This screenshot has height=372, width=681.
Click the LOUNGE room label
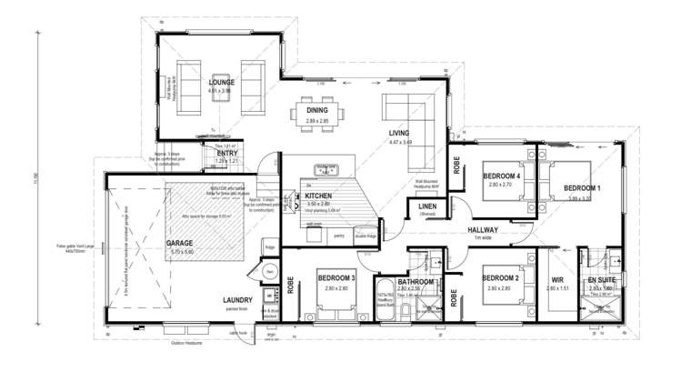pyautogui.click(x=222, y=82)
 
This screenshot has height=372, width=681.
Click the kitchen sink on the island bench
pyautogui.click(x=326, y=169)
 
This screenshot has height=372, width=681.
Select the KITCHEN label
pyautogui.click(x=318, y=196)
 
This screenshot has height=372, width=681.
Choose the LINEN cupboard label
pyautogui.click(x=427, y=207)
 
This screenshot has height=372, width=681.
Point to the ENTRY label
pyautogui.click(x=226, y=154)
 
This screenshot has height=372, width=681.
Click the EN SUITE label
pyautogui.click(x=602, y=279)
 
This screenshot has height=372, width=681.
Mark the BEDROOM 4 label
pyautogui.click(x=500, y=176)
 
